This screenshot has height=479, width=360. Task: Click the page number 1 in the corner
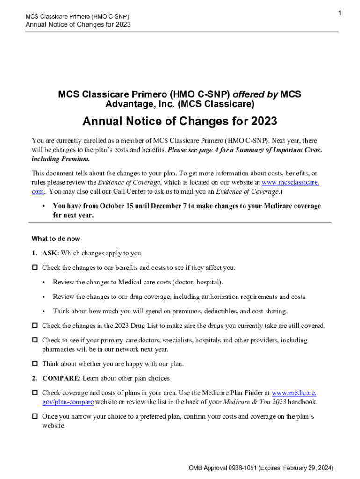click(x=340, y=14)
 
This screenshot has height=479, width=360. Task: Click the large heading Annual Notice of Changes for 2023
click(x=180, y=122)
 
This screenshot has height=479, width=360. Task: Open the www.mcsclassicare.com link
click(x=290, y=182)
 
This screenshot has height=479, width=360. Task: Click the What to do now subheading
click(x=56, y=239)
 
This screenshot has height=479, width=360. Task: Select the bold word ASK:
click(x=50, y=253)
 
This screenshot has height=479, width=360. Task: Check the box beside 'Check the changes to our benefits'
click(x=35, y=268)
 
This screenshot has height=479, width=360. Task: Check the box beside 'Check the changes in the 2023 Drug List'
click(x=35, y=326)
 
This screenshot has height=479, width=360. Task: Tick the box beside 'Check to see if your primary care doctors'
click(x=35, y=341)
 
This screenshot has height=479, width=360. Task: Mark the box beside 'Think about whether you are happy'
click(x=35, y=363)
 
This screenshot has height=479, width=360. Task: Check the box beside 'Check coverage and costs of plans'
click(x=35, y=393)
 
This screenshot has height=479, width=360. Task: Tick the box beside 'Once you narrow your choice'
click(x=35, y=416)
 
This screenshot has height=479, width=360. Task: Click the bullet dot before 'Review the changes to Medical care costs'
click(x=43, y=282)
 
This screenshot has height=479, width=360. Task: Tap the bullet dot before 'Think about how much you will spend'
click(x=43, y=311)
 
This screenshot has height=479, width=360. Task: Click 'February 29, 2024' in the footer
click(x=306, y=468)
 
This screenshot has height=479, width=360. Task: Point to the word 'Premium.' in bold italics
click(x=74, y=159)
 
